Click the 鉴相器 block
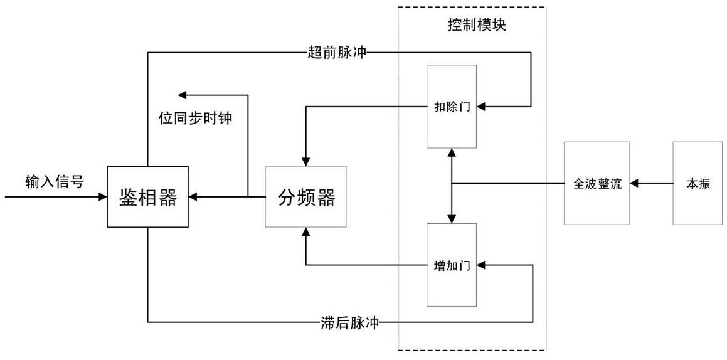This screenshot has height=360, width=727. coord(148,197)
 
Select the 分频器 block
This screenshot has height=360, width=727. coord(306,197)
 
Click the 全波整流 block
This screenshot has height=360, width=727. coord(597,183)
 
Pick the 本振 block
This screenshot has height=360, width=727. coord(698,183)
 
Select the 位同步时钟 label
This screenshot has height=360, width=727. coord(195,118)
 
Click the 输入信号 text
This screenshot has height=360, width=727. coord(55,181)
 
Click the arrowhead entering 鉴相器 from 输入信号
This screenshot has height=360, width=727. coord(102,197)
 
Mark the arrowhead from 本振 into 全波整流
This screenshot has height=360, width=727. coord(634,183)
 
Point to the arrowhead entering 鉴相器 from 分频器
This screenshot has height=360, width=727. coord(194,197)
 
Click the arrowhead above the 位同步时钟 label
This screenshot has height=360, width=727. coord(183,95)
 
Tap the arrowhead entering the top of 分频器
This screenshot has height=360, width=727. coord(305,161)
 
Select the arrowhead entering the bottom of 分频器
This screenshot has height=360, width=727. coord(305,233)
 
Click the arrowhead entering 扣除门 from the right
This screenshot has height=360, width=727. coord(482,106)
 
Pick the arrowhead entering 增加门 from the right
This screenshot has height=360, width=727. coord(482,265)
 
